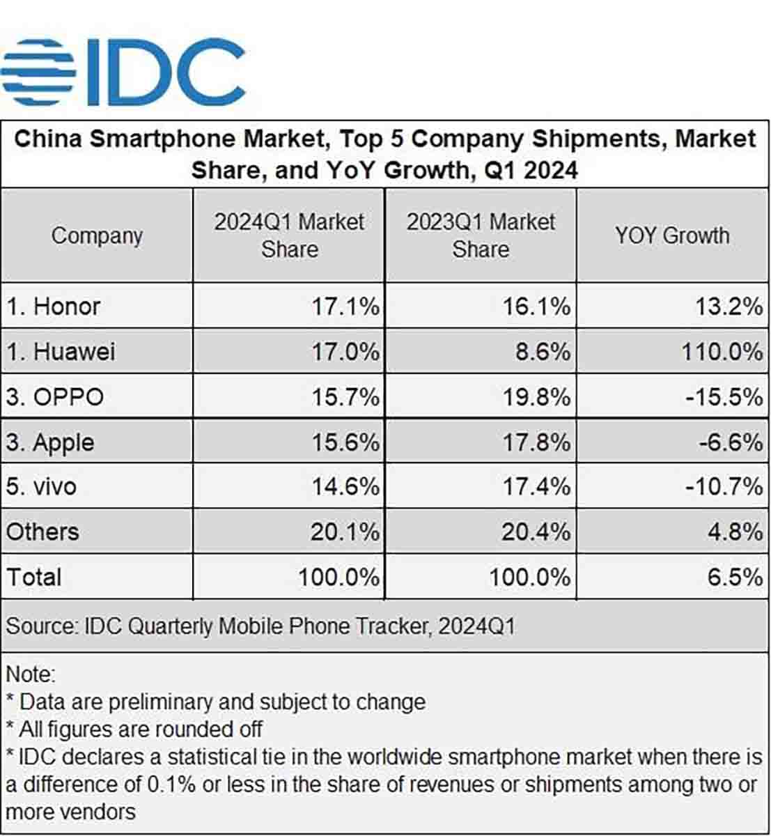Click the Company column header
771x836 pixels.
pos(97,235)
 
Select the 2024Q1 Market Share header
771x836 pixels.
pos(289,235)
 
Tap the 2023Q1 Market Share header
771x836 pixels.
pos(481,235)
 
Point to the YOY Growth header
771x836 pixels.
pos(672,235)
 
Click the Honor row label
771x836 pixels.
pos(54,307)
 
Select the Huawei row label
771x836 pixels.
pos(61,351)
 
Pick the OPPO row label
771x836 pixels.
pos(55,397)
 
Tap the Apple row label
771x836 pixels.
pos(50,442)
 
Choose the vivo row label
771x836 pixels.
pos(41,486)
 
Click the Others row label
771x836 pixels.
pos(42,532)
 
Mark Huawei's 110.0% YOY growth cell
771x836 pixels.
pos(722,351)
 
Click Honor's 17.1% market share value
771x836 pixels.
pos(345,307)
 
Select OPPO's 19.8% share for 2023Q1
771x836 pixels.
pos(536,397)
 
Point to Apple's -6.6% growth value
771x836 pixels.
pos(730,442)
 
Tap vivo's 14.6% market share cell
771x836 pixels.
pos(345,486)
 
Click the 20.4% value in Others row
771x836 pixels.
pos(536,532)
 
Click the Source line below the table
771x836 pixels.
pos(260,626)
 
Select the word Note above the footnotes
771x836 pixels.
pos(30,674)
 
